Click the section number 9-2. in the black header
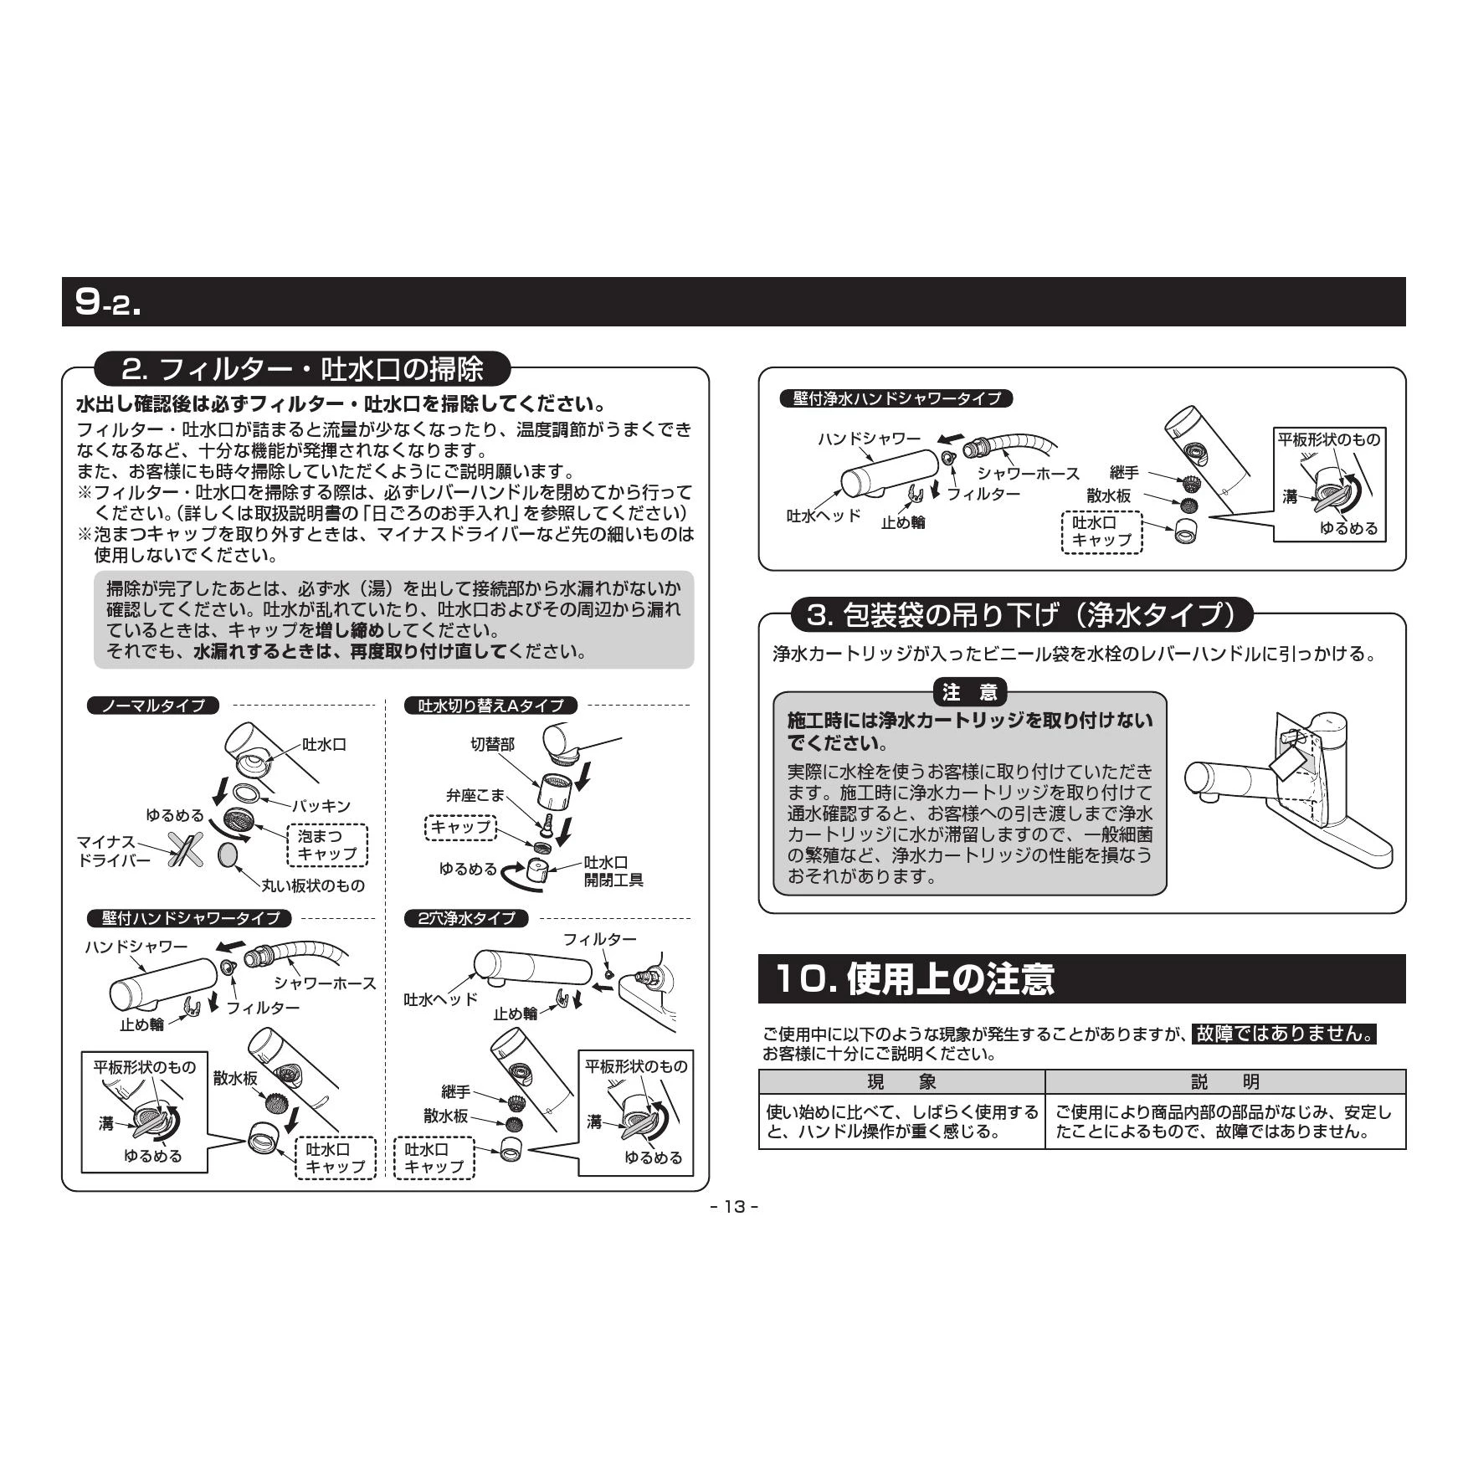pyautogui.click(x=108, y=302)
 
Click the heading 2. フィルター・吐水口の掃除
pyautogui.click(x=302, y=369)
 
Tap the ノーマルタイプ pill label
pyautogui.click(x=153, y=706)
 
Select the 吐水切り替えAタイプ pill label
pyautogui.click(x=491, y=706)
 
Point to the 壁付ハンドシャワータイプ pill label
pyautogui.click(x=190, y=918)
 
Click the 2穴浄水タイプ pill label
pyautogui.click(x=466, y=918)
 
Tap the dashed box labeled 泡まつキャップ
pyautogui.click(x=327, y=844)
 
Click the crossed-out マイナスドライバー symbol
pyautogui.click(x=185, y=848)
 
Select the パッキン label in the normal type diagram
pyautogui.click(x=321, y=806)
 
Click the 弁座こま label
pyautogui.click(x=475, y=795)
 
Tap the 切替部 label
pyautogui.click(x=492, y=743)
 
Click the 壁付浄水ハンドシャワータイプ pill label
pyautogui.click(x=896, y=398)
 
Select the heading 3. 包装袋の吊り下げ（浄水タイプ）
pyautogui.click(x=1022, y=615)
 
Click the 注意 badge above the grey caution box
pyautogui.click(x=970, y=692)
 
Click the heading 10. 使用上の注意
pyautogui.click(x=915, y=978)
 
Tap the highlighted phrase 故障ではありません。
pyautogui.click(x=1285, y=1033)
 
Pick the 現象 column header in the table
pyautogui.click(x=901, y=1081)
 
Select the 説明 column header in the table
pyautogui.click(x=1225, y=1081)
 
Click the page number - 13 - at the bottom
pyautogui.click(x=734, y=1206)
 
